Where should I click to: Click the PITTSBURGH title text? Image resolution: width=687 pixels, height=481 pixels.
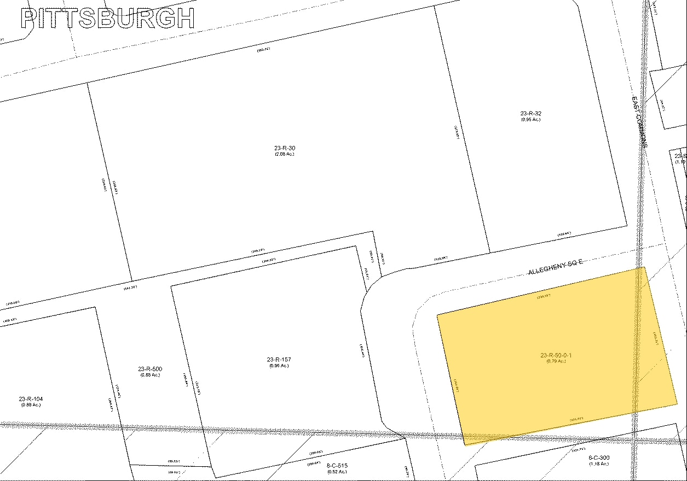coord(108,18)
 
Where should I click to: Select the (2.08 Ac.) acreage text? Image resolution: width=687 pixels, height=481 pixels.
coord(285,154)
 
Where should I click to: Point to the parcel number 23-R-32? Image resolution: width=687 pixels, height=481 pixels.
coord(531,114)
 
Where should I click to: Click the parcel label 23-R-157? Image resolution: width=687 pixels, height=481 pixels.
coord(279,359)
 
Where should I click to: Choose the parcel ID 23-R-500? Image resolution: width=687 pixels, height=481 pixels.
coord(150,369)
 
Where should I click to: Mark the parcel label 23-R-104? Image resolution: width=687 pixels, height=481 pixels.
coord(31,399)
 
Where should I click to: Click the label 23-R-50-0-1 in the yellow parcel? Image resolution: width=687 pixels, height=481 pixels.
coord(556,355)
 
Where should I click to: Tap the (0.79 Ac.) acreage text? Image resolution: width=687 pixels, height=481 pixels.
coord(556,361)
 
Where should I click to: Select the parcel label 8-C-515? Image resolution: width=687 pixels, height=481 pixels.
coord(337,465)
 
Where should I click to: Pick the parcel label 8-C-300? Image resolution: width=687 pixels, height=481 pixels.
coord(599,457)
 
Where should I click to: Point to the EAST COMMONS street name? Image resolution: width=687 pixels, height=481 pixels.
coord(640,124)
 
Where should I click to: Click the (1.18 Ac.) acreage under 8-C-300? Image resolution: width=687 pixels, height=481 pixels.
coord(599,464)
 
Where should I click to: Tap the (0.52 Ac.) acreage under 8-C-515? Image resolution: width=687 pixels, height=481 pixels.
coord(337,471)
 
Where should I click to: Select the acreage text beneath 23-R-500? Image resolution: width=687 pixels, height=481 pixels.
coord(150,375)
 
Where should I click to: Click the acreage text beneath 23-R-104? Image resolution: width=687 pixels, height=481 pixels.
coord(31,405)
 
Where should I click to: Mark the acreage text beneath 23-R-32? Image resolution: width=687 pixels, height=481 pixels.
coord(531,120)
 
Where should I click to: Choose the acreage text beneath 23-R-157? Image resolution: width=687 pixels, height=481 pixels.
coord(279,366)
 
